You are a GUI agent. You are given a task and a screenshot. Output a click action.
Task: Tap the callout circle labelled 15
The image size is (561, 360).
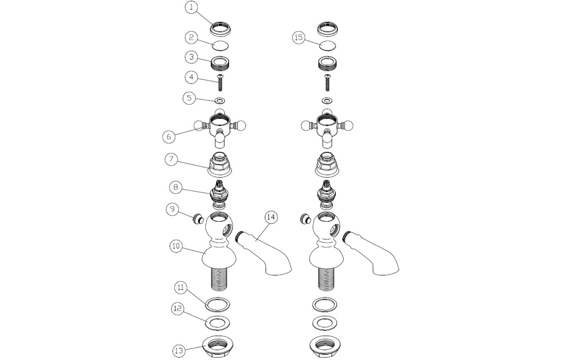pos(298,37)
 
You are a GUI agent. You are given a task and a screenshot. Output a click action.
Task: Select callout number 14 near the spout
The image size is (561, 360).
pos(271,217)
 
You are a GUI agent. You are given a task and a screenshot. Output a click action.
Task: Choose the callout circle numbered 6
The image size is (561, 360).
pos(169,136)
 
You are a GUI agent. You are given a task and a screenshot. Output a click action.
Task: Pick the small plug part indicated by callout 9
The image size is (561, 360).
pos(198,218)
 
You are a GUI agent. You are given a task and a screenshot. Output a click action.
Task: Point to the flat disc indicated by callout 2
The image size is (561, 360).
pos(220,46)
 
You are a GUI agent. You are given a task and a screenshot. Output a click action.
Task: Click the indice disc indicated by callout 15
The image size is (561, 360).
pos(328,46)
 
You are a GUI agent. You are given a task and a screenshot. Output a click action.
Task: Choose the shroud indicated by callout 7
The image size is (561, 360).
pos(220,164)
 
